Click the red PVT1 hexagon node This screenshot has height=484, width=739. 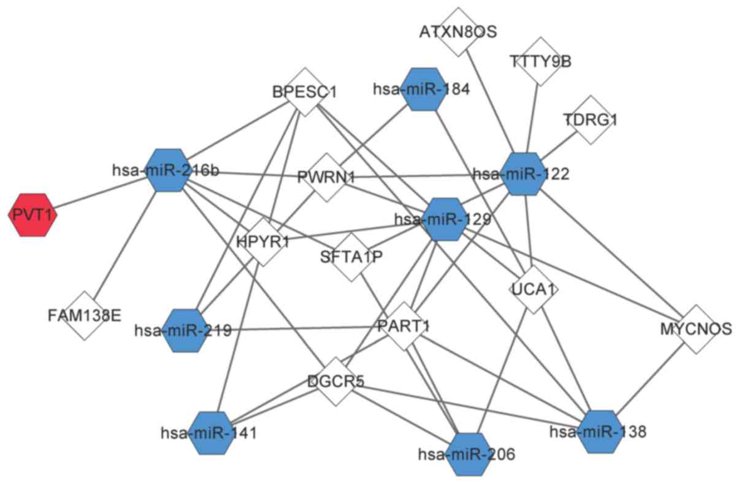(x=33, y=214)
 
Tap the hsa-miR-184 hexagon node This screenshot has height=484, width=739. (x=421, y=89)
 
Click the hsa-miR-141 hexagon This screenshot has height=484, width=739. (x=211, y=433)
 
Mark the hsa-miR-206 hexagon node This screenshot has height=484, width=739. (x=470, y=454)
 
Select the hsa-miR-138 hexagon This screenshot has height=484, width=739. (x=596, y=431)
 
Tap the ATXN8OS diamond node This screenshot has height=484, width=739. (x=458, y=31)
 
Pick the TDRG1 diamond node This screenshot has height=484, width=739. (x=590, y=120)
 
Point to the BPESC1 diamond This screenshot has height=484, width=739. (x=305, y=93)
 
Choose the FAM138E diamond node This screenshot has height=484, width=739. (x=85, y=316)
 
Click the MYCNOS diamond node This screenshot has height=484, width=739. (x=695, y=329)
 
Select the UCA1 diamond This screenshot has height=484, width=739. (x=534, y=289)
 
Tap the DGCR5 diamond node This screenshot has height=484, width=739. (x=335, y=381)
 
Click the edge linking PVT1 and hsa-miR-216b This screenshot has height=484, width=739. (x=98, y=192)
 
